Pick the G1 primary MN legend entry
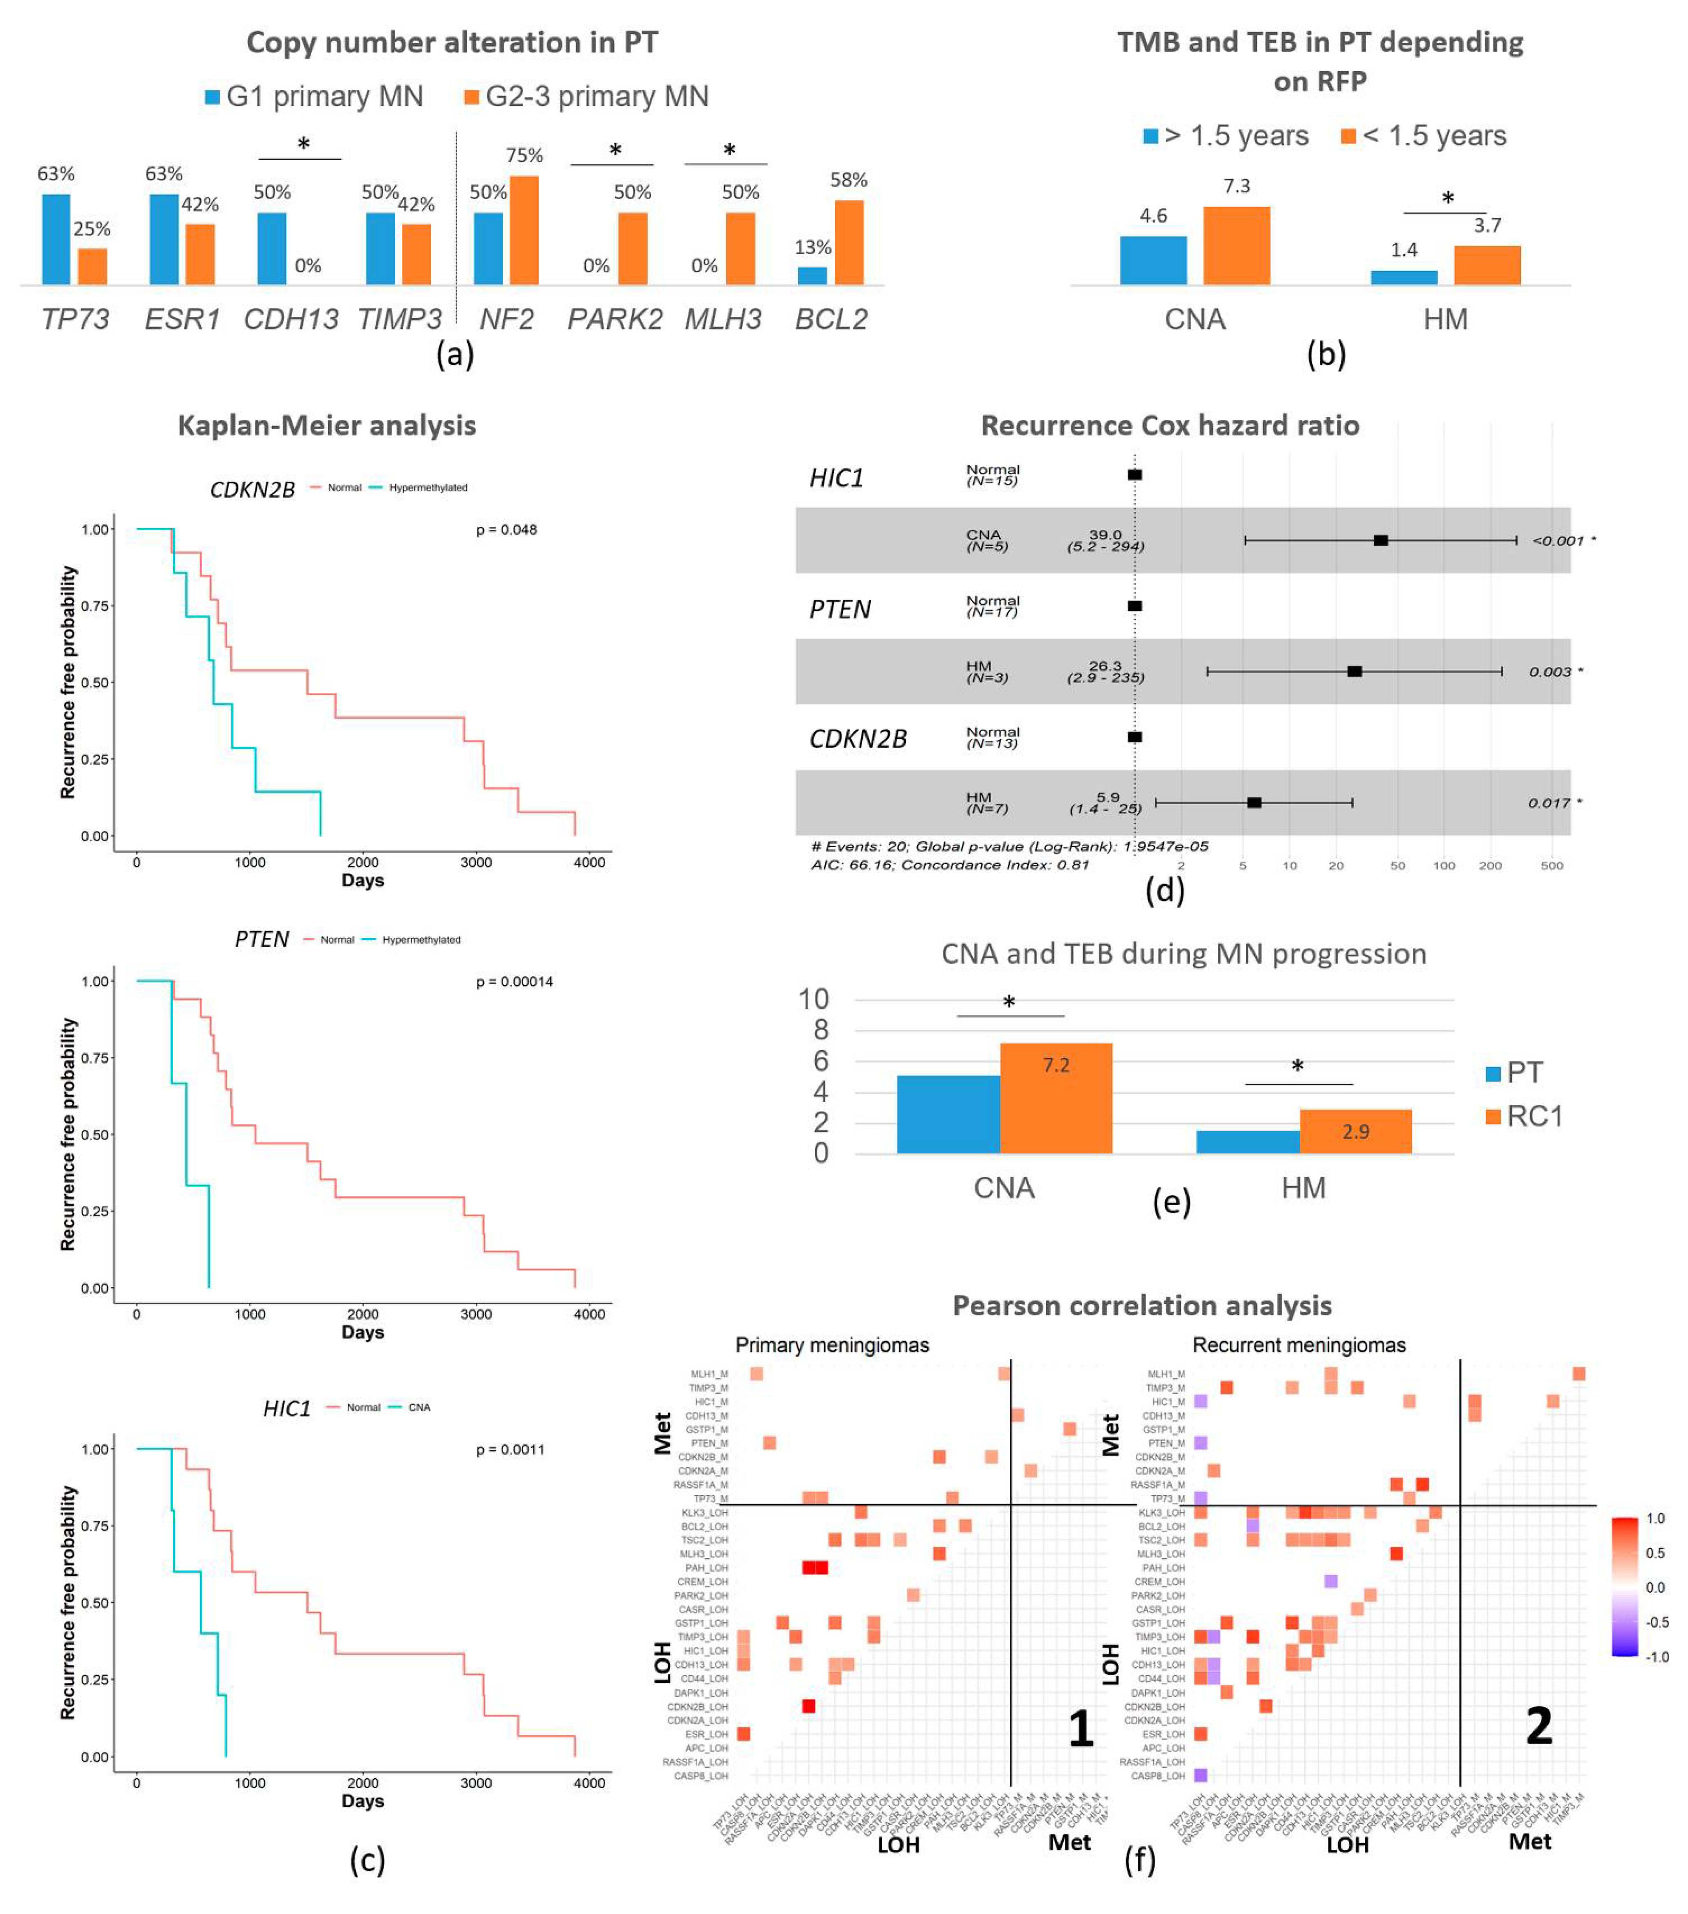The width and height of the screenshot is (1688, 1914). pyautogui.click(x=315, y=96)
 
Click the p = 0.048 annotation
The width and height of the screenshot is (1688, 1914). pyautogui.click(x=506, y=530)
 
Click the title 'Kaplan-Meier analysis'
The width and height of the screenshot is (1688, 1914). pyautogui.click(x=327, y=426)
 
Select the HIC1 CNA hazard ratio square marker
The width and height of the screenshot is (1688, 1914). pyautogui.click(x=1380, y=540)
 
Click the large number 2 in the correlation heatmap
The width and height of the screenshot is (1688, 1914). pyautogui.click(x=1538, y=1724)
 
